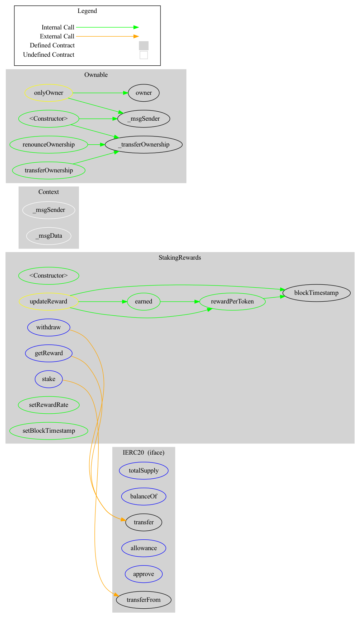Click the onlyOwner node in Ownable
[48, 93]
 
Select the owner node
[144, 93]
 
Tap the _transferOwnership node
[144, 145]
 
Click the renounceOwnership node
[48, 145]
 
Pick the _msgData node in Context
[48, 236]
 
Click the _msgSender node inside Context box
[48, 210]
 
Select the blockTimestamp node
[316, 293]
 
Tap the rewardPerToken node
[232, 302]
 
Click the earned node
[144, 302]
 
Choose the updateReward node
[48, 302]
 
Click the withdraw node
[48, 327]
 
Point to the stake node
[48, 379]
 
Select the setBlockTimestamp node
[48, 431]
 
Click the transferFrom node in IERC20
[144, 600]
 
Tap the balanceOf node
[144, 497]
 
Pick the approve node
[144, 574]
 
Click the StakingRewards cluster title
[179, 258]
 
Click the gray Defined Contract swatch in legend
[144, 46]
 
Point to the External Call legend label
[57, 36]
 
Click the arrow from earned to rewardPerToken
[179, 302]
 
